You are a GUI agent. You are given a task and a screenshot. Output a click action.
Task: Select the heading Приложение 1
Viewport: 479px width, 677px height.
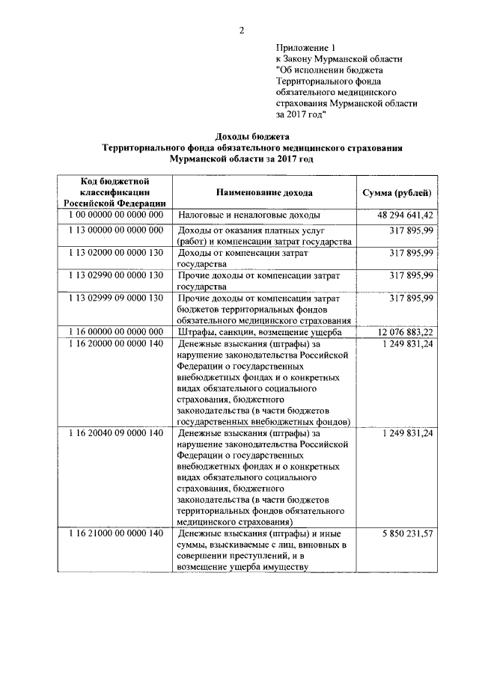pos(308,46)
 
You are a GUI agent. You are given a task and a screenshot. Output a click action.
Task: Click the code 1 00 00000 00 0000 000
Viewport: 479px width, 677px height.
pos(115,215)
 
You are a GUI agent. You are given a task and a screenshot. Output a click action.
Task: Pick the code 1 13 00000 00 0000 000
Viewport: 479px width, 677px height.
pos(115,230)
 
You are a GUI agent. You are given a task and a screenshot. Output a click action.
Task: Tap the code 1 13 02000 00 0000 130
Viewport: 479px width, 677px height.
pos(115,253)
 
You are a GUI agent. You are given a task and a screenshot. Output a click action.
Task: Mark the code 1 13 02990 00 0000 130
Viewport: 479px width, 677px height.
pos(115,275)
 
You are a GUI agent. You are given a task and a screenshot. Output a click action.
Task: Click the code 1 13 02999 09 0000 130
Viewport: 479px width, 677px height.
pos(115,298)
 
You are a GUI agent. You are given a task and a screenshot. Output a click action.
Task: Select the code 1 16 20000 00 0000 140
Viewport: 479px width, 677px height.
pos(115,343)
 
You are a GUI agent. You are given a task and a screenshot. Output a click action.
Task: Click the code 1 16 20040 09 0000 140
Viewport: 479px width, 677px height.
pos(115,433)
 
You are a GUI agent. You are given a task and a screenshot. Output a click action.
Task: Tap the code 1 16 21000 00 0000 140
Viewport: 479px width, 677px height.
pos(115,533)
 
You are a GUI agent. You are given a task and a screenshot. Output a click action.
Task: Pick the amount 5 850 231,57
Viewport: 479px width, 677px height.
pos(407,533)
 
